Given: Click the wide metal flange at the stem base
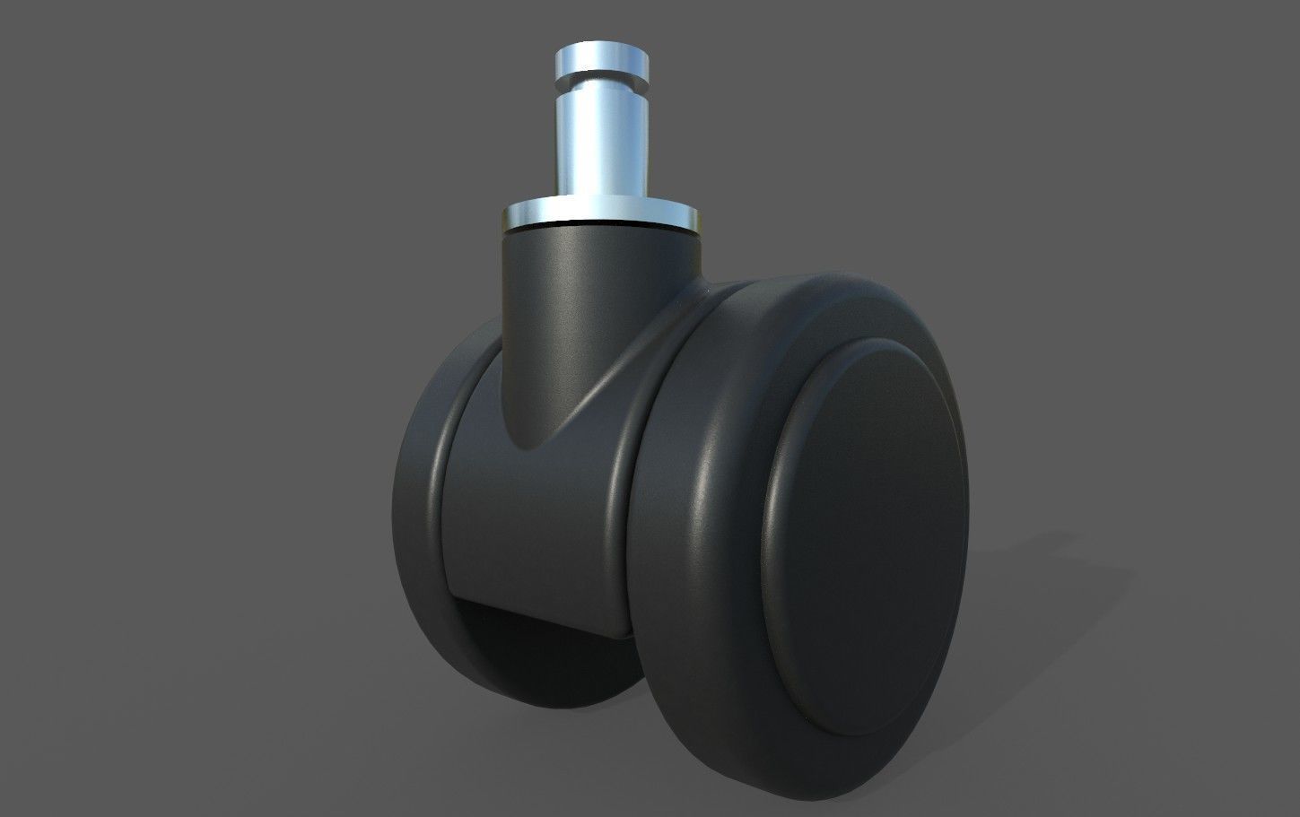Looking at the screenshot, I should click(x=599, y=215).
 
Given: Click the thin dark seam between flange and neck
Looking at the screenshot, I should click(x=599, y=230).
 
